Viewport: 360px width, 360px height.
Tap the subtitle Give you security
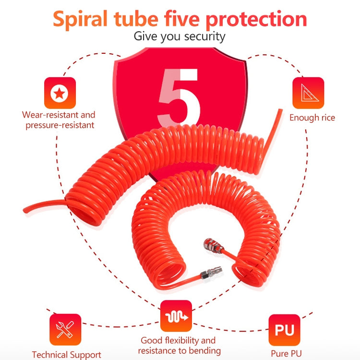(179, 36)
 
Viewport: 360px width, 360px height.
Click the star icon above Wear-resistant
(60, 93)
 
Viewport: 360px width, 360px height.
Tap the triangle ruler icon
(308, 93)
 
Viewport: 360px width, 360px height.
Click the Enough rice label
(312, 118)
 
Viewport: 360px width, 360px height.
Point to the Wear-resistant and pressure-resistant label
(59, 120)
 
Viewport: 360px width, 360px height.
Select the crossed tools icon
(65, 330)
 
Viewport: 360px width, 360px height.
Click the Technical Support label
(66, 355)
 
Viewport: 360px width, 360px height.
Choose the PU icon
(285, 330)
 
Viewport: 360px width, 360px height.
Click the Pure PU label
(286, 354)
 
